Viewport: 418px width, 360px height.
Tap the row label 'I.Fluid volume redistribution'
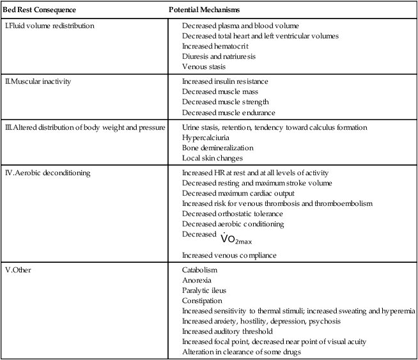(x=49, y=26)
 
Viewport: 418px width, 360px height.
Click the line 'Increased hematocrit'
(x=215, y=46)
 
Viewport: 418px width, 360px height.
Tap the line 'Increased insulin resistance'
(x=225, y=82)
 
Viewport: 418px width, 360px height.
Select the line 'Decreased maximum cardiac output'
(x=236, y=193)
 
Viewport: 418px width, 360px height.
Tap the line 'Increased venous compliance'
(x=229, y=256)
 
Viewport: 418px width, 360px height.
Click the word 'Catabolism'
(x=200, y=270)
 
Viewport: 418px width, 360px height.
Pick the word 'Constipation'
(x=202, y=301)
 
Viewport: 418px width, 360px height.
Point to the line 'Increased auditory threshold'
(x=228, y=331)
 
